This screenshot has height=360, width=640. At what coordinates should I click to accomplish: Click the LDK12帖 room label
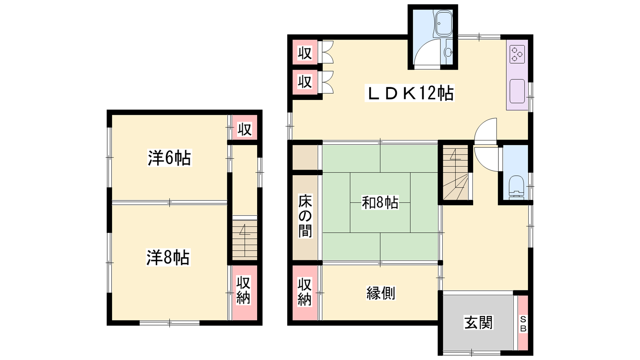point(410,94)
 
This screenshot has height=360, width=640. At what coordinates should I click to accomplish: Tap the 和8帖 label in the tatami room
point(380,202)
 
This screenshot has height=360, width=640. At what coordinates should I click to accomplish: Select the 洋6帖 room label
point(170,158)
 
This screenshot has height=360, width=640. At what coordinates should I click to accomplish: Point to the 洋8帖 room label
point(168,258)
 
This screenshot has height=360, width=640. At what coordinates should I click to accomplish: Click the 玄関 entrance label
point(478,322)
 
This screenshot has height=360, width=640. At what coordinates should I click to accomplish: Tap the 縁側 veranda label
point(381,293)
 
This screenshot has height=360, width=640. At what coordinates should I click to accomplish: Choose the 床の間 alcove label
point(305,216)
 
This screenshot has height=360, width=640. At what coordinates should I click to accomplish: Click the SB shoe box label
point(523,324)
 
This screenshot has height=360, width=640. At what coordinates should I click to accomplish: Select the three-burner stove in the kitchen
point(518,54)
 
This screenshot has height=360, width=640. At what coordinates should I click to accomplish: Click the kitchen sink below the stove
point(518,91)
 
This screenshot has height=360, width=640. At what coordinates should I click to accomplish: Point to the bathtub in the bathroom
point(443,24)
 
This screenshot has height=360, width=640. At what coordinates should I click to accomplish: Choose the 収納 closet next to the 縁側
point(305,292)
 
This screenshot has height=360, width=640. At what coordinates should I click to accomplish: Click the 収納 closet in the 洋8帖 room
point(244,292)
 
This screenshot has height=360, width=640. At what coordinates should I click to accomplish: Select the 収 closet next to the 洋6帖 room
point(244,128)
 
